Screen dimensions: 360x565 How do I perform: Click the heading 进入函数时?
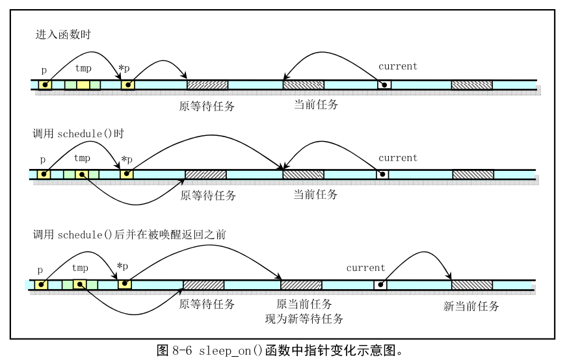[x=63, y=35]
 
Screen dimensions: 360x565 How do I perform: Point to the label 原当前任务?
[x=304, y=304]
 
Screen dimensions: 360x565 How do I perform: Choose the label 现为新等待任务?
[x=304, y=318]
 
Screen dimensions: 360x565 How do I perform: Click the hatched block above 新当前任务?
[x=472, y=285]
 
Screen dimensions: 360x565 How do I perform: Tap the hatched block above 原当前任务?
[x=301, y=285]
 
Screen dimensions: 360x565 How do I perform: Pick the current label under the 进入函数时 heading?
[x=397, y=66]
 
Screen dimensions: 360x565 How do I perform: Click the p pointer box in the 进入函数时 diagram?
[x=45, y=84]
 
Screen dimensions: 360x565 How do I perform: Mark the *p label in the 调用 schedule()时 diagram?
[x=126, y=159]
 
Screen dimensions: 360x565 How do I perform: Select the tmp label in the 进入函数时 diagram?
[x=83, y=68]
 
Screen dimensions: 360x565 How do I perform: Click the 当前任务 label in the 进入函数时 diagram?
[x=316, y=104]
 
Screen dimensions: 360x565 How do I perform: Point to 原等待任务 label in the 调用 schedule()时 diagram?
[x=207, y=195]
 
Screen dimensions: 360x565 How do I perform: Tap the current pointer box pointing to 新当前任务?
[x=380, y=285]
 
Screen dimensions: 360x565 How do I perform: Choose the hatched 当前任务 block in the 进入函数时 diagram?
[x=303, y=84]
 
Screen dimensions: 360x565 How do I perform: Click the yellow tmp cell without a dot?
[x=83, y=84]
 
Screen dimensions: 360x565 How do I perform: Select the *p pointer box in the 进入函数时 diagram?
[x=128, y=84]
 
